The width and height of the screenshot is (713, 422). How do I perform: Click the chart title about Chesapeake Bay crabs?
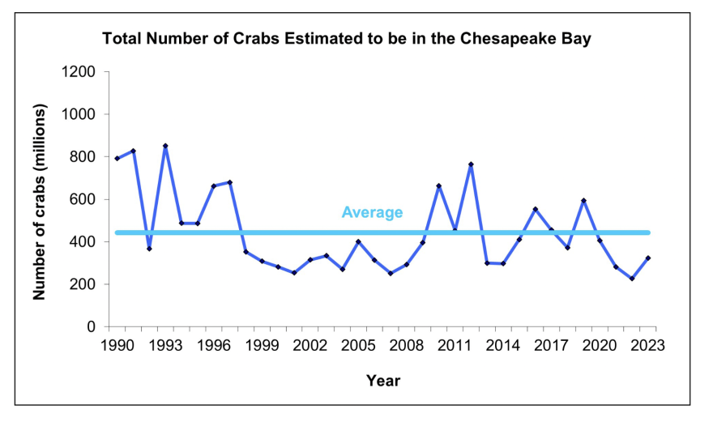[346, 39]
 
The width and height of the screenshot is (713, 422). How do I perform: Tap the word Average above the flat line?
[372, 212]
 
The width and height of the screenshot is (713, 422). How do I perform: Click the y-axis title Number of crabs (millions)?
[38, 202]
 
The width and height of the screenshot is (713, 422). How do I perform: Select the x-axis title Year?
[382, 380]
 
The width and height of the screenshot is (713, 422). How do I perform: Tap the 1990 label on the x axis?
[117, 345]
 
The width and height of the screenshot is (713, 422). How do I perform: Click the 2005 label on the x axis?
[358, 345]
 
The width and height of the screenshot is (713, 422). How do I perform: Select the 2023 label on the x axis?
[647, 345]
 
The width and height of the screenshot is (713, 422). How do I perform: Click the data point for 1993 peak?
[165, 146]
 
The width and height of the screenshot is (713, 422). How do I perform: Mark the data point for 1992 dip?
[149, 249]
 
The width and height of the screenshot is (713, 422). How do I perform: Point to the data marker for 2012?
[471, 164]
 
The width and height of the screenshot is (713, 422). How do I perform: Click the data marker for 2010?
[438, 186]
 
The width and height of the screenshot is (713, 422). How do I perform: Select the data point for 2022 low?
[631, 279]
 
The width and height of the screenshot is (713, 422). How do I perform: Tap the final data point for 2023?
[647, 258]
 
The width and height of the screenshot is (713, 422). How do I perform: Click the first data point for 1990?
[117, 159]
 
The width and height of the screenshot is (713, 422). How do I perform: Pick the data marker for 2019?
[583, 201]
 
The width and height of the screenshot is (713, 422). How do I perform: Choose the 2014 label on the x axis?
[503, 345]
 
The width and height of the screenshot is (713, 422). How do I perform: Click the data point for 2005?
[358, 241]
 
